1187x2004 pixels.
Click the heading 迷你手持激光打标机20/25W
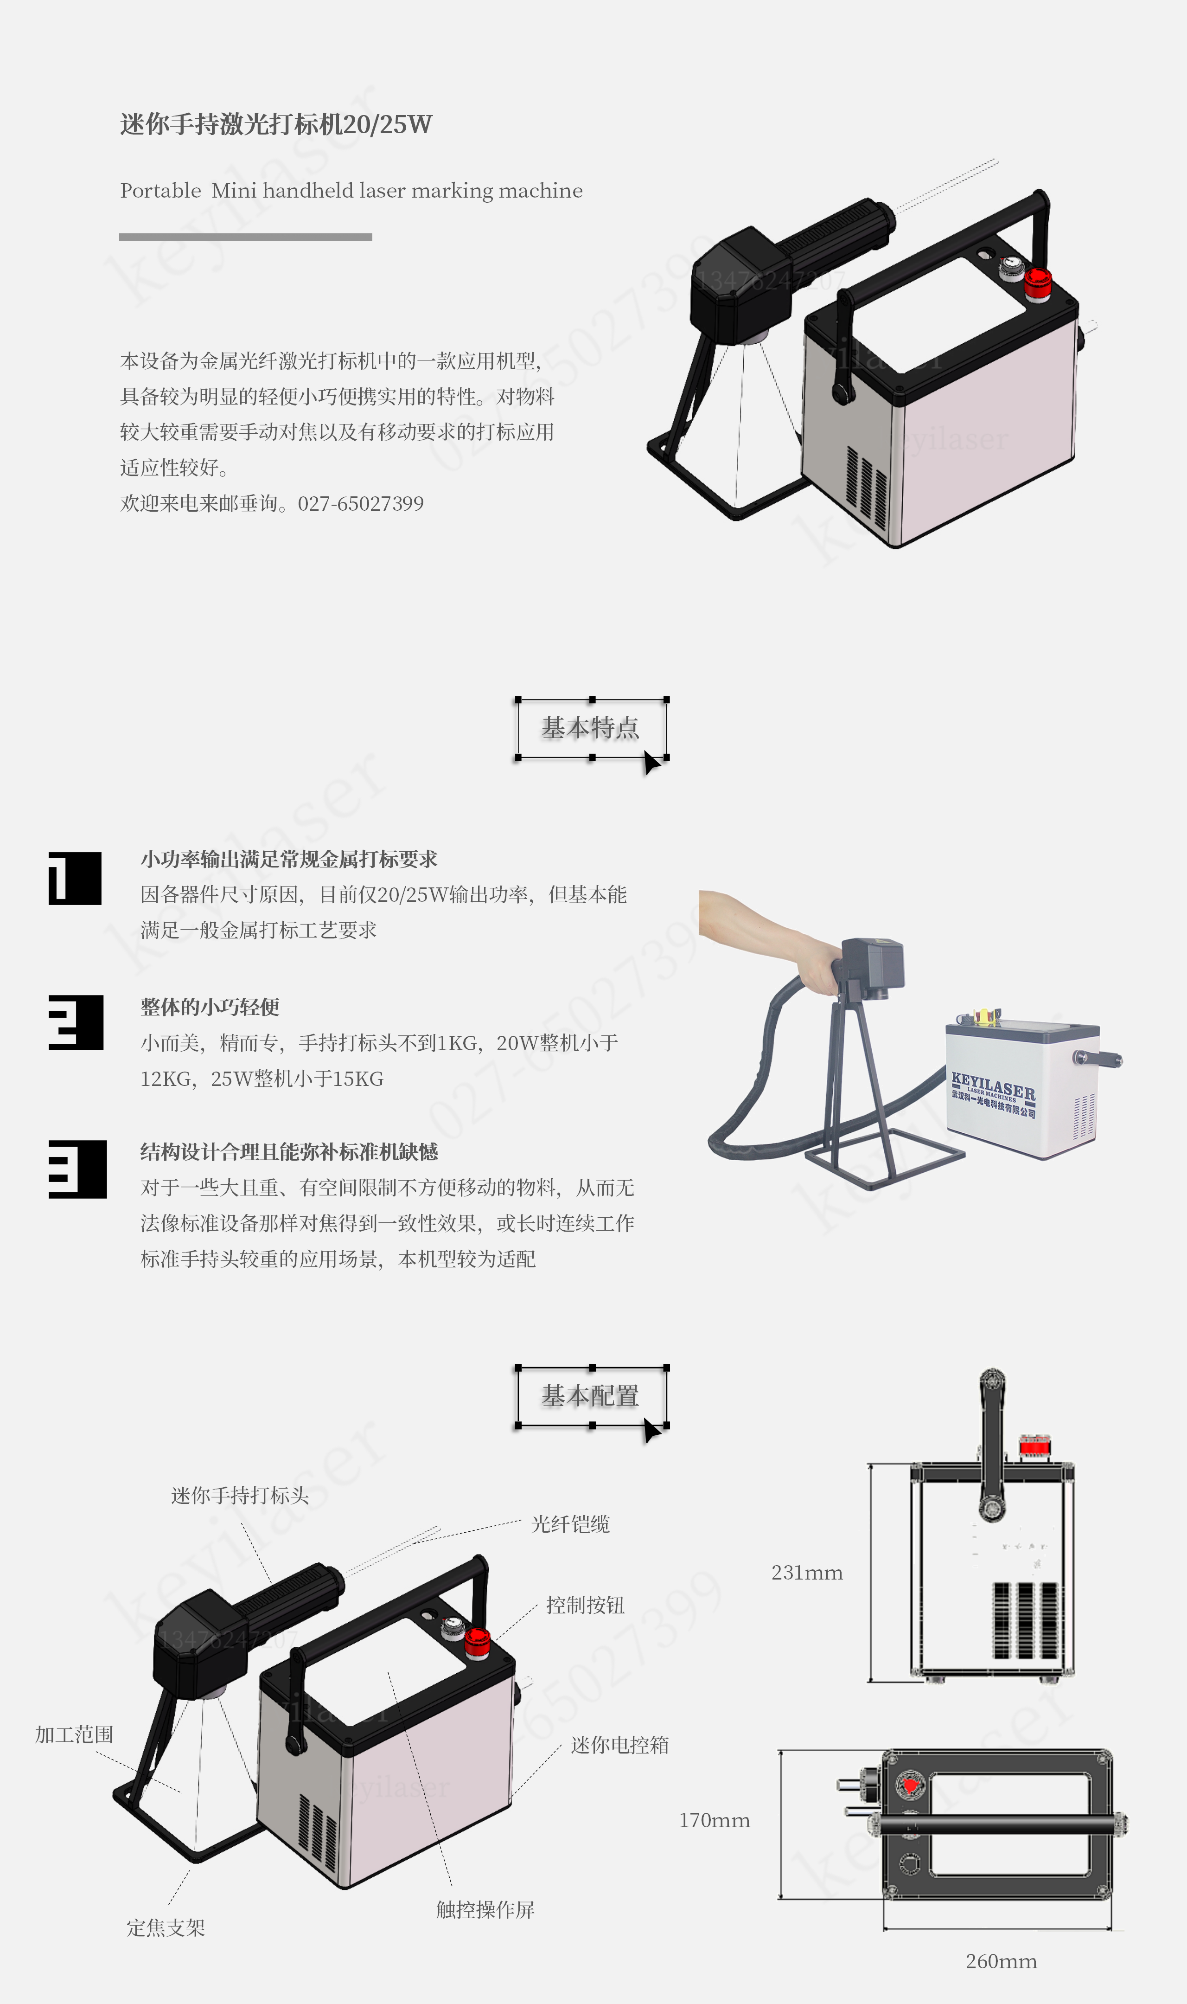276,124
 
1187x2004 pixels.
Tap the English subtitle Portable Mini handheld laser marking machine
351,190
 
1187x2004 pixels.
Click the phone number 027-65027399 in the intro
361,503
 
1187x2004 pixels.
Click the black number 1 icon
75,879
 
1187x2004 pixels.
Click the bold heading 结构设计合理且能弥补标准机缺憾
289,1152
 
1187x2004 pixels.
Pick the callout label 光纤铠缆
570,1524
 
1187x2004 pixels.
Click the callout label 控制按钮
586,1605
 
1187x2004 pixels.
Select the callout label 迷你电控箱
620,1745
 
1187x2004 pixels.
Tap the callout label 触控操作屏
485,1910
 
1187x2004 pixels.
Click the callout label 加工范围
74,1734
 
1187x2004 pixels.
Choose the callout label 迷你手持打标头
240,1495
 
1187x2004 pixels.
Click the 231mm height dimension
807,1573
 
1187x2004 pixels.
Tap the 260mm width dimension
1002,1962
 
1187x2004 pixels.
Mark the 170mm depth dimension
714,1821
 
